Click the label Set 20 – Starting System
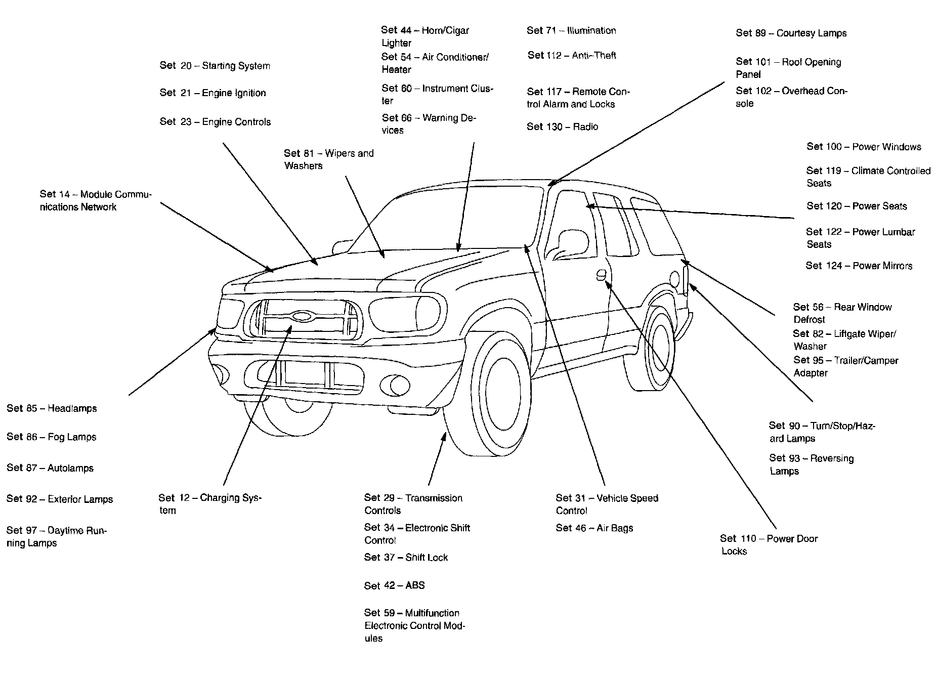[215, 66]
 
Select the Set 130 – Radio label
[563, 126]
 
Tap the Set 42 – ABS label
[395, 585]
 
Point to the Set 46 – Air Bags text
[594, 528]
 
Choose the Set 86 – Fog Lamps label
[52, 437]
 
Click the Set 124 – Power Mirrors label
[859, 266]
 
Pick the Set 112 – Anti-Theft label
[572, 55]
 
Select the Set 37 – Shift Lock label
[406, 557]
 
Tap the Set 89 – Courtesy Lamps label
[791, 33]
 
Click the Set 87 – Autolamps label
[50, 468]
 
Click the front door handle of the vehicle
[601, 275]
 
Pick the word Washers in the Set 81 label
[304, 166]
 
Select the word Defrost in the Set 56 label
[809, 320]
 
